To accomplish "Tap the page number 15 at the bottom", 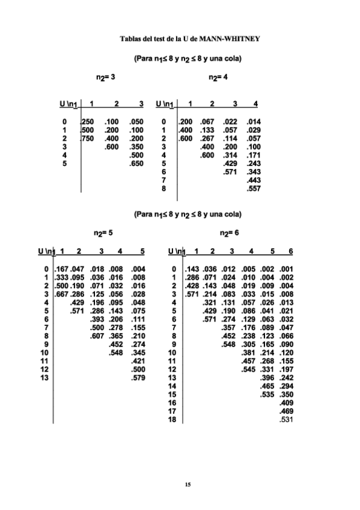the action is tap(188, 484).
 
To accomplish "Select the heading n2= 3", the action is tap(106, 78).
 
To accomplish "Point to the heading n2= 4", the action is tap(218, 78).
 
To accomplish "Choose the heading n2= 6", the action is tap(230, 232).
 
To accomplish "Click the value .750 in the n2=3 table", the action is tap(88, 138).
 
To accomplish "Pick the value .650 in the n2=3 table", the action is tap(136, 163).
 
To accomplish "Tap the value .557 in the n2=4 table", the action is tap(253, 188).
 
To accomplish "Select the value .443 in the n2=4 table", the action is tap(253, 180).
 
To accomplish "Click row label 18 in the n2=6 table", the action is tap(172, 420).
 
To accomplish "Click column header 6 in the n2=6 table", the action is tap(290, 251).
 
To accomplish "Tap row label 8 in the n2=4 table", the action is tap(163, 188).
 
